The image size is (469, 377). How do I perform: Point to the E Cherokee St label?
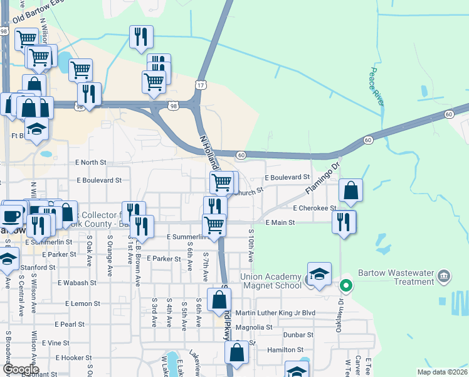click(315, 208)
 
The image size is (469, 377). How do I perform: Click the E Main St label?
click(280, 222)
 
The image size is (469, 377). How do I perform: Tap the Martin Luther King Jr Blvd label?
click(275, 313)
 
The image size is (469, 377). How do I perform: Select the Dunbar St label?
click(298, 335)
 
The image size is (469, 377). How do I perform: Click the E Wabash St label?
click(77, 283)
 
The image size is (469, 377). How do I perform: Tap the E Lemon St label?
click(83, 303)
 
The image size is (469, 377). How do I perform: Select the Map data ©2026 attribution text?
click(442, 372)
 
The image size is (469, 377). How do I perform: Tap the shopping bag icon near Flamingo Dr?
click(351, 190)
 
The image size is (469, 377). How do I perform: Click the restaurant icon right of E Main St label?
click(344, 222)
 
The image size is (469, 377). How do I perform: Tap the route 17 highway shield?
click(200, 84)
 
